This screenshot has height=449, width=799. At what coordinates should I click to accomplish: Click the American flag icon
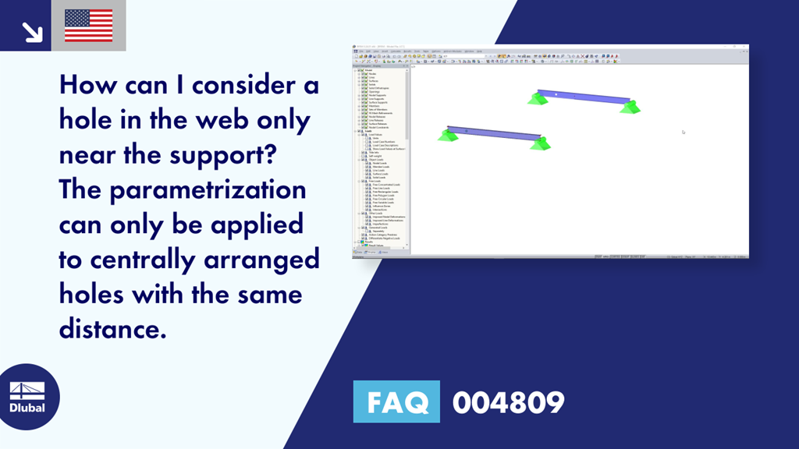coord(88,26)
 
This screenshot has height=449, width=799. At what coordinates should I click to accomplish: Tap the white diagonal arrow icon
coord(31,30)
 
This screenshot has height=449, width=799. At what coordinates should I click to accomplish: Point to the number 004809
coord(508,402)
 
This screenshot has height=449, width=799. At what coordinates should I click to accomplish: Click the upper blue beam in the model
coord(582,96)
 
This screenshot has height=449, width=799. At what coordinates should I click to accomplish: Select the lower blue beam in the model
coord(493,133)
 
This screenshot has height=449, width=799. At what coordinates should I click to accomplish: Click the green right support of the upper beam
coord(630,107)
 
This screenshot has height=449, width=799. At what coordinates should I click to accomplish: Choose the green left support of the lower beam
coord(447,136)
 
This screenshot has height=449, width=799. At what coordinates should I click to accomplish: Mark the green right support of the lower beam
coord(540,143)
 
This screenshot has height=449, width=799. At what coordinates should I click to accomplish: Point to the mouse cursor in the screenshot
coord(684,132)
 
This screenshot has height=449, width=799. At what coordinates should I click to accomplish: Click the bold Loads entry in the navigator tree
coord(369,132)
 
